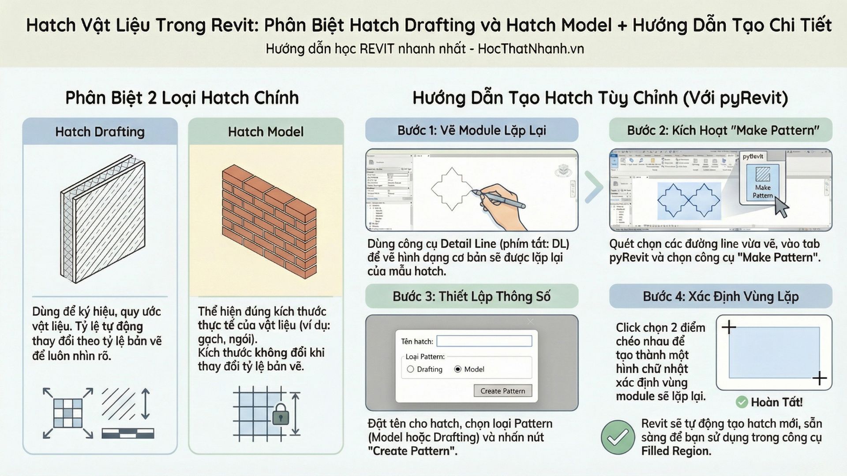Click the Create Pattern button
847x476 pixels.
pos(502,391)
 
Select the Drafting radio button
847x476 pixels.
pos(411,369)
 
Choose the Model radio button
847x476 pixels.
pos(458,369)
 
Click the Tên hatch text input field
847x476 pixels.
pos(484,341)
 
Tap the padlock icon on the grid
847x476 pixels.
pos(280,415)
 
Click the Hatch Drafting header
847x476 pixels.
pos(100,132)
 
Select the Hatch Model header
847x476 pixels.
pos(266,132)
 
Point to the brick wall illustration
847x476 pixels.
pos(269,220)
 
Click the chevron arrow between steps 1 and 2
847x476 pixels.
pos(594,187)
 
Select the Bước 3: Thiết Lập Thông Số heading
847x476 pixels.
pos(472,297)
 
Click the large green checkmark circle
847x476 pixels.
pos(618,437)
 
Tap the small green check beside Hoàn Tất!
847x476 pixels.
pos(742,402)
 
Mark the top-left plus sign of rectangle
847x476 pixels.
pos(729,327)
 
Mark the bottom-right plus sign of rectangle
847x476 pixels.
pos(819,378)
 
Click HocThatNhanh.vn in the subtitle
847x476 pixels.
pos(531,48)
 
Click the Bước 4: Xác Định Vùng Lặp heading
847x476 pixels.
pos(720,297)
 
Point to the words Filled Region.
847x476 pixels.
pos(676,451)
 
